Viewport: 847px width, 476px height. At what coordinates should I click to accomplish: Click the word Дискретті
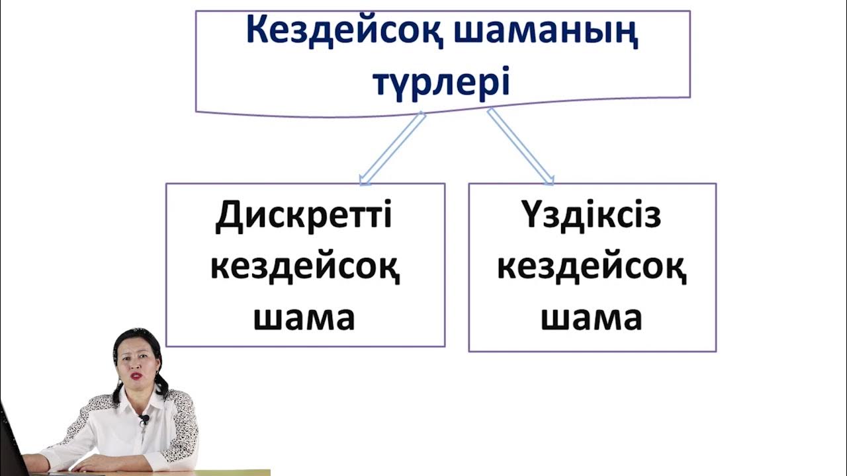pos(304,216)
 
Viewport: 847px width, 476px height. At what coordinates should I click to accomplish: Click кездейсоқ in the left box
pos(305,268)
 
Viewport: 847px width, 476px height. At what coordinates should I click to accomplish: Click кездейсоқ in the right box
pos(592,268)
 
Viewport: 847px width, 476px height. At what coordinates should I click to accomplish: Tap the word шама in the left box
pos(304,318)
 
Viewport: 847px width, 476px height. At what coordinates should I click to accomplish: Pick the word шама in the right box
pos(592,318)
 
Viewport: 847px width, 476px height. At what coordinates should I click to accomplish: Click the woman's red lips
pos(137,376)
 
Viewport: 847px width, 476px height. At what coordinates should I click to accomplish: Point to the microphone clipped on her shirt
pos(144,420)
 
